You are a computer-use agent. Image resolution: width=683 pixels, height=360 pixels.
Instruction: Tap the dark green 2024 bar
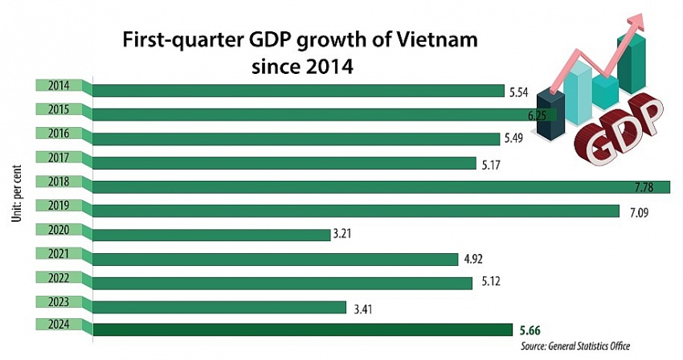point(302,329)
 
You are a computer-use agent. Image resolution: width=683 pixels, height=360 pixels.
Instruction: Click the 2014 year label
point(58,85)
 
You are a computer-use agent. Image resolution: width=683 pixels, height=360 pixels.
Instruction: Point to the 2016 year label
point(58,133)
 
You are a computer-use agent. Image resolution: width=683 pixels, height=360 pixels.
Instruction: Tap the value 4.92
point(472,259)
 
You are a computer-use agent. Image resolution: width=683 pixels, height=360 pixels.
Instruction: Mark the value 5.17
point(489,164)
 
